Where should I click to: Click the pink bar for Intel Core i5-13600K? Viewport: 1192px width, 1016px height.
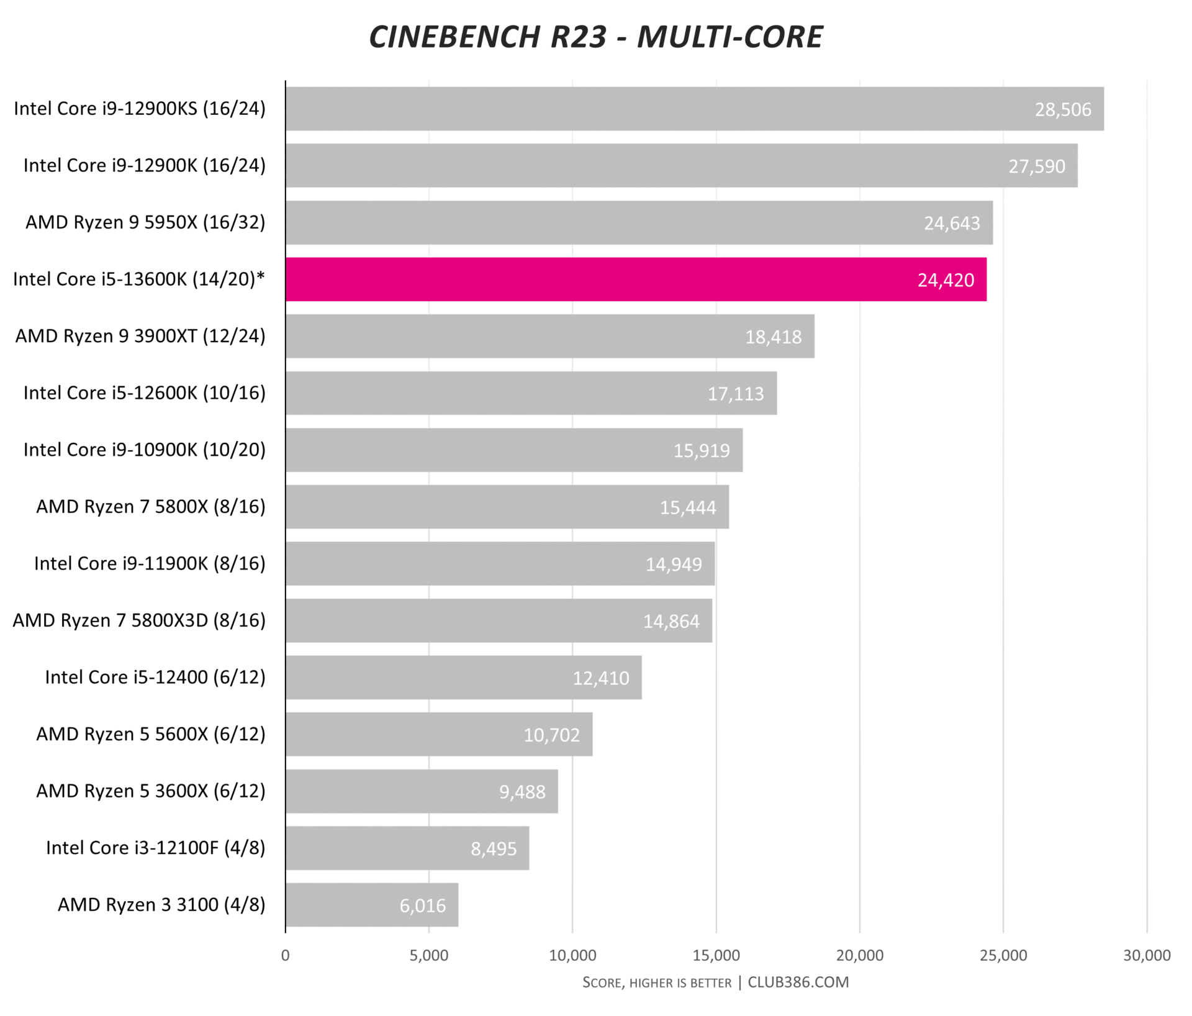[636, 279]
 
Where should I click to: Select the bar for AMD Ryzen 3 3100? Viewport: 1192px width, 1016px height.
[371, 905]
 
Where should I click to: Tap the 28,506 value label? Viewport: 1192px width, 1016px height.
[1062, 109]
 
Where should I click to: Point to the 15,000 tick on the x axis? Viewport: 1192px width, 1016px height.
[716, 955]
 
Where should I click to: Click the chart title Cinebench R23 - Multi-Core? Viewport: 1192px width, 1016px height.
[595, 37]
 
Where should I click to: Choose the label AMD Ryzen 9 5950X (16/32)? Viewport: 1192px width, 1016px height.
[145, 222]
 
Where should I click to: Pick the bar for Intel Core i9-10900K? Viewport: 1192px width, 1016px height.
[513, 450]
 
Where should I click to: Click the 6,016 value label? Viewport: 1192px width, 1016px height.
[422, 905]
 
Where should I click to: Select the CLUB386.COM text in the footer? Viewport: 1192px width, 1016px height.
[798, 982]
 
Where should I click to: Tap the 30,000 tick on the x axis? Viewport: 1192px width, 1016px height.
[1147, 955]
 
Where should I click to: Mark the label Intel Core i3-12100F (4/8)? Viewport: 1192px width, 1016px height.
[155, 848]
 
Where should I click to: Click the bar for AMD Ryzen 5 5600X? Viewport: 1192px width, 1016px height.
[438, 734]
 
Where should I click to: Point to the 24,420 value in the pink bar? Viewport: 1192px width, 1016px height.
[946, 280]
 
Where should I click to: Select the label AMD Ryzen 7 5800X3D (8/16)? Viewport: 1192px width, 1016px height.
[139, 620]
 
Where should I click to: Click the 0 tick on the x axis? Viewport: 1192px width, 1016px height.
[286, 955]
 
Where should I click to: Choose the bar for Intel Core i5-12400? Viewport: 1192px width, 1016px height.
[463, 678]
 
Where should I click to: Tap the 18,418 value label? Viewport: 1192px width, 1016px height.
[773, 337]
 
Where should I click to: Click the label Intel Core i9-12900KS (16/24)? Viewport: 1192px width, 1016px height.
[140, 109]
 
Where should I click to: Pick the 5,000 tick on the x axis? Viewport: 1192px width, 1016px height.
[429, 955]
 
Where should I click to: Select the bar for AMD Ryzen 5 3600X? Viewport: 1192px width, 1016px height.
[421, 791]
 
